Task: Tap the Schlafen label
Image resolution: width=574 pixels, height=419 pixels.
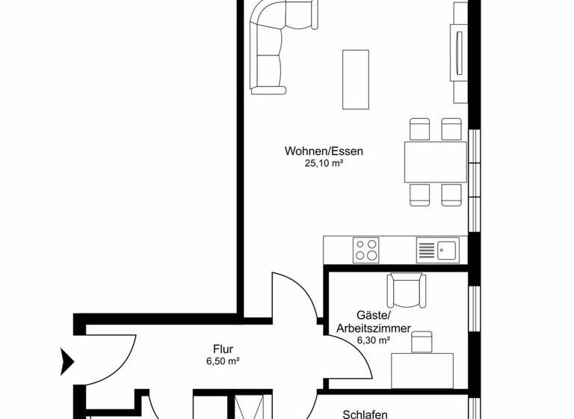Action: tap(364, 413)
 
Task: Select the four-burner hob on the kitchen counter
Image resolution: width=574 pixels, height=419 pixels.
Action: tap(366, 249)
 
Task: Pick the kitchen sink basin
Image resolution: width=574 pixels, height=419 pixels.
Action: tap(448, 248)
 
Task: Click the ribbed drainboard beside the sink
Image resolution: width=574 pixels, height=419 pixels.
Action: tap(426, 248)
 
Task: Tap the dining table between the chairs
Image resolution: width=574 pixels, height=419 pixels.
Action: tap(436, 162)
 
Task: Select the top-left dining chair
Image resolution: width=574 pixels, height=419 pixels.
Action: tap(419, 129)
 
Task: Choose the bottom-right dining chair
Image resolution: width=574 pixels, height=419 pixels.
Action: tap(451, 195)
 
